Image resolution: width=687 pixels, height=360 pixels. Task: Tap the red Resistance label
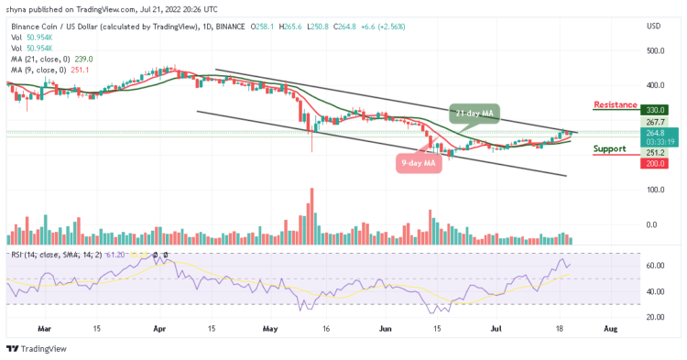coord(615,104)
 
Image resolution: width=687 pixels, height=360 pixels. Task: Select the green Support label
coord(609,148)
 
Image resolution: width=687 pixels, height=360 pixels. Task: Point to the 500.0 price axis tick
coord(654,50)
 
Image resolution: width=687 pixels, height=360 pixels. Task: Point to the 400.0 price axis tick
coord(654,85)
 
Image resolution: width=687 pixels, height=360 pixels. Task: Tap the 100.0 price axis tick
coord(654,190)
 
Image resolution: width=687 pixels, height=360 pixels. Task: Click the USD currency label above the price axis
coord(654,26)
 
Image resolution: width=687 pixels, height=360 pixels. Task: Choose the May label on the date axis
coord(269,326)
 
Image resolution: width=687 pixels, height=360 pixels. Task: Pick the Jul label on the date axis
coord(496,326)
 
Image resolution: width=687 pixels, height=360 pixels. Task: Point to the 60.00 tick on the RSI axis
coord(653,266)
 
